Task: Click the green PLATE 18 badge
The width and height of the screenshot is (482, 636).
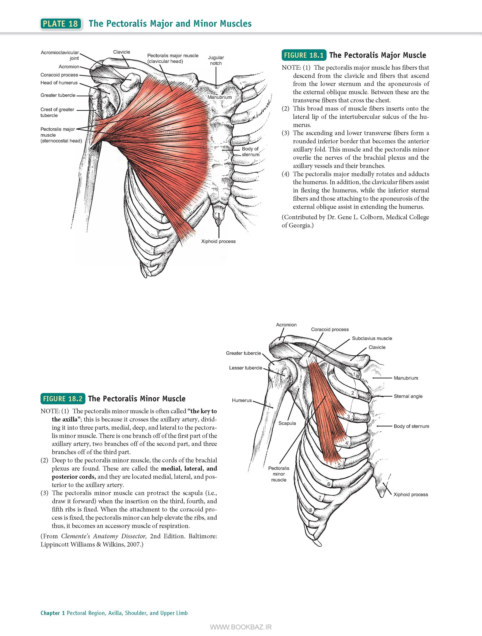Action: point(61,24)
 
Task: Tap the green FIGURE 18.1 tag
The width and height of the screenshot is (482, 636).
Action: point(304,55)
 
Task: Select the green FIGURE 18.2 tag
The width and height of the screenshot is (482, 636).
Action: point(63,398)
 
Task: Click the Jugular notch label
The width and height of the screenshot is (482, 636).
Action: point(216,60)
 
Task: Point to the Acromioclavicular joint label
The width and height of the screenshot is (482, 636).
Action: point(60,55)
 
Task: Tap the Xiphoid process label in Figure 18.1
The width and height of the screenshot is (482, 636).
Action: point(218,241)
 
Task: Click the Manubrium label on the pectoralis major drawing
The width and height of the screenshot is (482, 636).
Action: point(219,97)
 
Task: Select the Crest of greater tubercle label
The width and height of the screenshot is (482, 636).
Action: point(57,112)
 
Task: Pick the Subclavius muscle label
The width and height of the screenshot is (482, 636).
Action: point(372,338)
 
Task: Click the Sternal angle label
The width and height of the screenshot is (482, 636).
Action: point(408,396)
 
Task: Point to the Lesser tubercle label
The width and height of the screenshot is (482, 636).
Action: point(246,368)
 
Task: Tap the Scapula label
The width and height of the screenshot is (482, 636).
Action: point(287,423)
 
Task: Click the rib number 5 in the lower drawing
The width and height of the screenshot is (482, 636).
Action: point(339,465)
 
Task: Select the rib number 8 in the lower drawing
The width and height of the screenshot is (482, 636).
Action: point(311,510)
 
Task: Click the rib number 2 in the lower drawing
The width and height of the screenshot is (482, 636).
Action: point(353,393)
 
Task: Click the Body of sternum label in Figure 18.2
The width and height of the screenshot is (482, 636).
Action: point(411,426)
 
